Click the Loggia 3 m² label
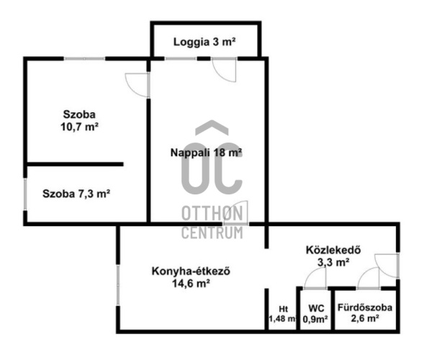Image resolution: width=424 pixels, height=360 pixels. pyautogui.click(x=205, y=42)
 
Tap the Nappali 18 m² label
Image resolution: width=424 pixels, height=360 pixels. pyautogui.click(x=206, y=153)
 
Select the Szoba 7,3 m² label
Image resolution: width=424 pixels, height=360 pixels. pyautogui.click(x=76, y=194)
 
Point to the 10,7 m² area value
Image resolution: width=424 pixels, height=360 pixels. pyautogui.click(x=80, y=127)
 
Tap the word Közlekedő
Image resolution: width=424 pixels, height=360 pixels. pyautogui.click(x=333, y=251)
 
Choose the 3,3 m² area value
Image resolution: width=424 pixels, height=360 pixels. pyautogui.click(x=333, y=263)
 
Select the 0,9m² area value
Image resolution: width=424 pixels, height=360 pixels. pyautogui.click(x=315, y=319)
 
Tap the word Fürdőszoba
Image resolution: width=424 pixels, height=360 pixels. pyautogui.click(x=366, y=307)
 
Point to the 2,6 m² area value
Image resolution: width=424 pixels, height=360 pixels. pyautogui.click(x=366, y=319)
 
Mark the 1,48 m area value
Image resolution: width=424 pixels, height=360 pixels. pyautogui.click(x=281, y=319)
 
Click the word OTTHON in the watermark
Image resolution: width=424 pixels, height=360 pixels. pyautogui.click(x=212, y=214)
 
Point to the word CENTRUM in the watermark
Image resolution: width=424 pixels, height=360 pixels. pyautogui.click(x=212, y=232)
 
